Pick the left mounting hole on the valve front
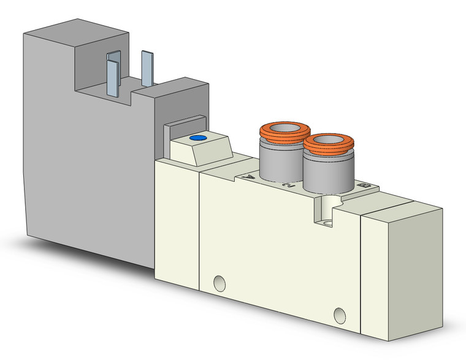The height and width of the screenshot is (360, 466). click(218, 283)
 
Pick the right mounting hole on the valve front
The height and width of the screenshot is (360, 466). click(339, 316)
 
